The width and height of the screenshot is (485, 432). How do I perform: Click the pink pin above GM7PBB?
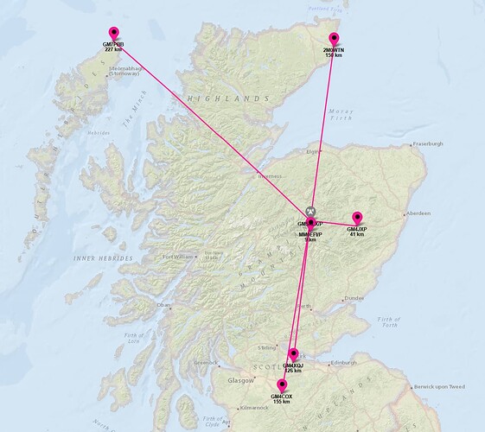(x=112, y=34)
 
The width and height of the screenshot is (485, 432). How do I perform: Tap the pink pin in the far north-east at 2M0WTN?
(x=333, y=40)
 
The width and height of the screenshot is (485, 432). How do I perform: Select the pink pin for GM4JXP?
(x=356, y=218)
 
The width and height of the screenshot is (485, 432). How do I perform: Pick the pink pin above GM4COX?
(x=282, y=386)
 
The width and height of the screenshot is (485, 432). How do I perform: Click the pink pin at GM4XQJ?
(x=294, y=354)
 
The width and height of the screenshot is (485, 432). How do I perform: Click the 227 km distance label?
(x=113, y=49)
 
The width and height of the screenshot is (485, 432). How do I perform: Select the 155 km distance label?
(x=282, y=402)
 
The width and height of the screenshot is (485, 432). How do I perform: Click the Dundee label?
(x=354, y=299)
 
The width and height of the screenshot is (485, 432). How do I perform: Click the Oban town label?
(x=163, y=305)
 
